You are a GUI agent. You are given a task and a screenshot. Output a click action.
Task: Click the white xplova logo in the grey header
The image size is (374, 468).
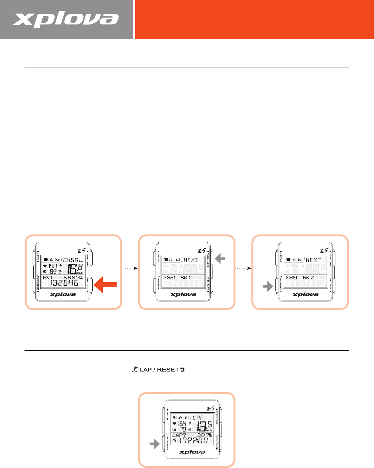pyautogui.click(x=66, y=20)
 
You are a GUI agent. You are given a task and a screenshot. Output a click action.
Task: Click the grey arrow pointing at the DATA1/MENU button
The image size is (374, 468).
pyautogui.click(x=220, y=259)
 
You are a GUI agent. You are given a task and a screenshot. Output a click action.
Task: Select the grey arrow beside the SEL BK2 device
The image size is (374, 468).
pyautogui.click(x=268, y=286)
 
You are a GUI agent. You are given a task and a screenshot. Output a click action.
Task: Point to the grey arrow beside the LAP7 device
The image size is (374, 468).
pyautogui.click(x=154, y=444)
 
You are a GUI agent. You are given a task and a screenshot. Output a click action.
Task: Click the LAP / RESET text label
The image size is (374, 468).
pyautogui.click(x=159, y=370)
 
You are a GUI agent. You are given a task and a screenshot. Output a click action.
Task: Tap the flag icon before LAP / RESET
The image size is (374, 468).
pyautogui.click(x=135, y=370)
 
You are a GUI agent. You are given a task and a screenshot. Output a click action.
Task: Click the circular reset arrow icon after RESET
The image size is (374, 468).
pyautogui.click(x=182, y=370)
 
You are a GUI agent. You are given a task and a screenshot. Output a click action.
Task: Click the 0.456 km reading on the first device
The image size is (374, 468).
pyautogui.click(x=71, y=260)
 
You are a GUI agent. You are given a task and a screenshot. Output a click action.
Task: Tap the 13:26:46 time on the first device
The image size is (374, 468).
pyautogui.click(x=64, y=283)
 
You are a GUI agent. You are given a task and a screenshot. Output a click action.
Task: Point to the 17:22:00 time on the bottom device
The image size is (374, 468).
pyautogui.click(x=193, y=441)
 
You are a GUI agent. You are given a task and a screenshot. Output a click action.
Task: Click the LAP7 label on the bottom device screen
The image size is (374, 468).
pyautogui.click(x=179, y=435)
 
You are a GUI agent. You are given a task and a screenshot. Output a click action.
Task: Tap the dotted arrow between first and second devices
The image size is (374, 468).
pyautogui.click(x=130, y=268)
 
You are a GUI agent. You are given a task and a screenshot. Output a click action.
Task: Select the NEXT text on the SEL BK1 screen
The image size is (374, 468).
pyautogui.click(x=191, y=260)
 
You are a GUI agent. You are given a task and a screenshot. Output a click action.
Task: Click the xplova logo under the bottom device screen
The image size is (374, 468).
pyautogui.click(x=192, y=452)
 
